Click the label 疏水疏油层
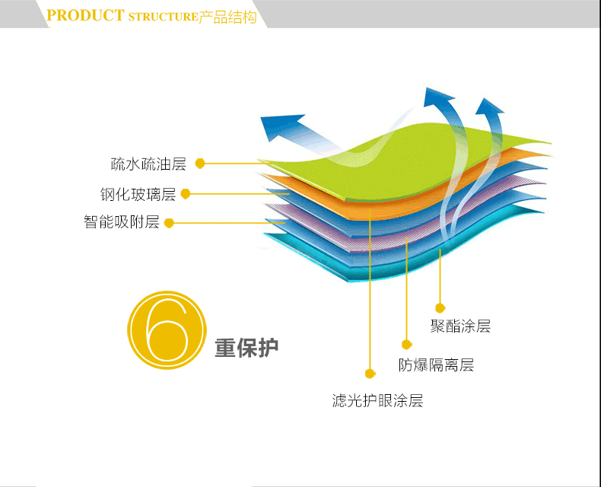point(148,164)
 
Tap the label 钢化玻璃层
point(138,194)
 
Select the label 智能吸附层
point(122,222)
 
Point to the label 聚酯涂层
point(460,326)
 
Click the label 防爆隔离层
point(437,365)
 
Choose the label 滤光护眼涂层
point(377,400)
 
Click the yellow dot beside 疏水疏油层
point(200,163)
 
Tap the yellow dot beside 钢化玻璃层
point(185,193)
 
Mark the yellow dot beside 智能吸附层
point(169,223)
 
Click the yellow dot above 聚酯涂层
point(440,307)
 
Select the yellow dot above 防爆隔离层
point(404,345)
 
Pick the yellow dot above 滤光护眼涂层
point(370,374)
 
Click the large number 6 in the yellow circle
point(166,331)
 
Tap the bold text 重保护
point(246,348)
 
